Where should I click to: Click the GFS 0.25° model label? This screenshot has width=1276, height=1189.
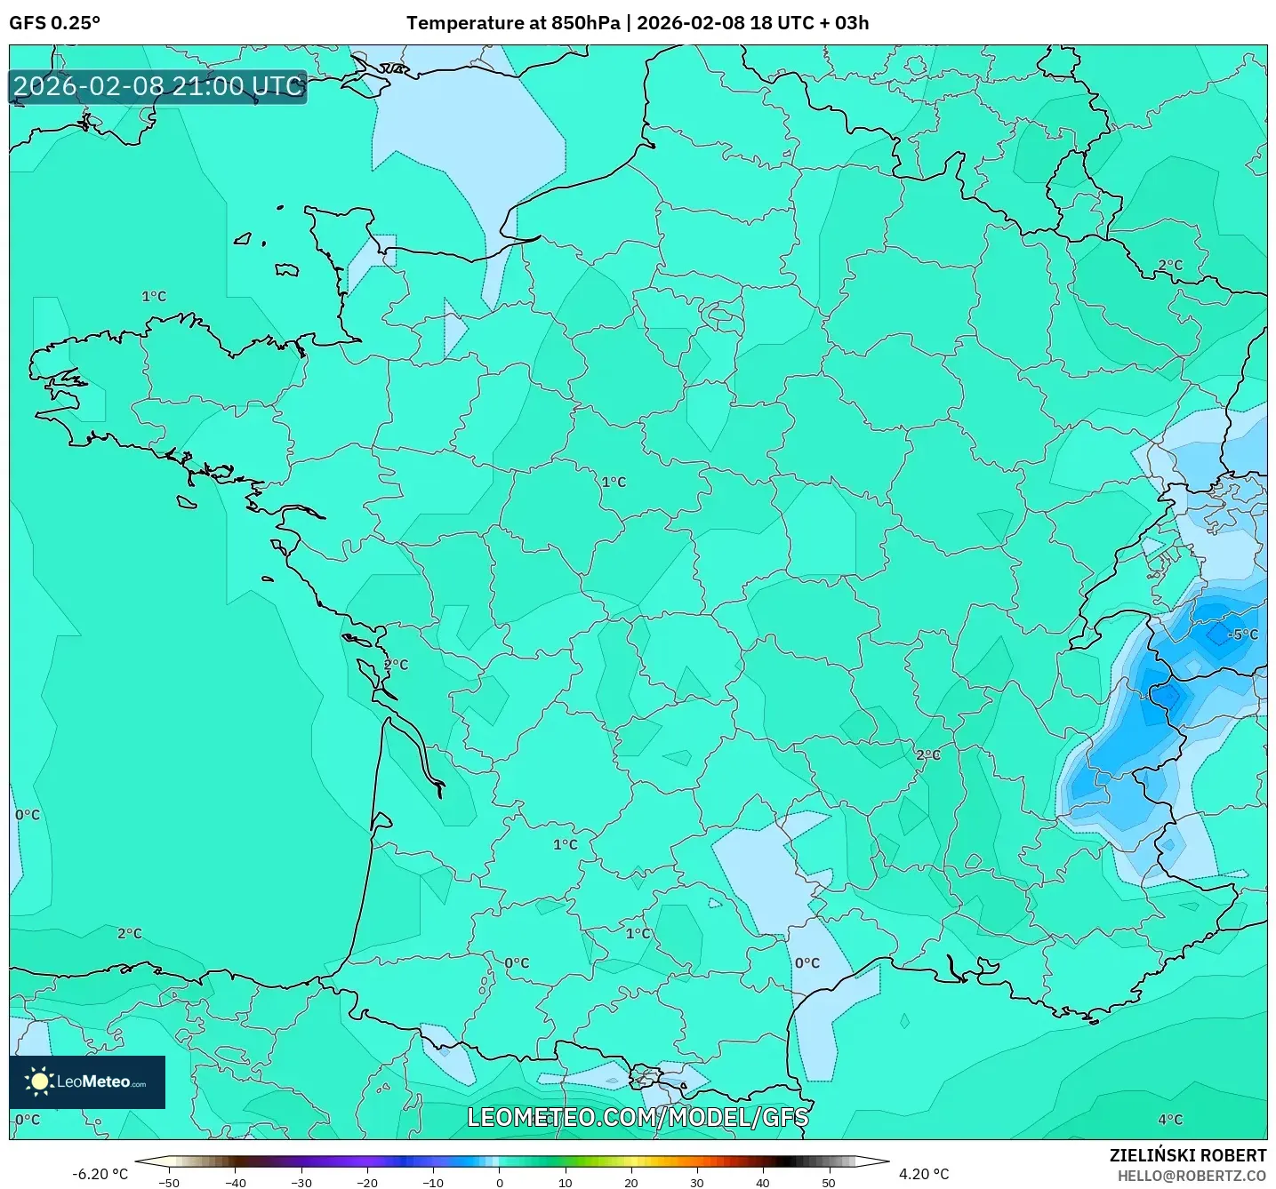pos(54,23)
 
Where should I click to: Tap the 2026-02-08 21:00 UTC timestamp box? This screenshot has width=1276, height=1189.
pos(158,86)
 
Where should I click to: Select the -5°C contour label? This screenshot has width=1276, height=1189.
pos(1242,634)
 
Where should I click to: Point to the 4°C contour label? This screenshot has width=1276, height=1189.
pos(1170,1120)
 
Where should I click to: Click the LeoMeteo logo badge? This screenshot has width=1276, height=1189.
pos(87,1081)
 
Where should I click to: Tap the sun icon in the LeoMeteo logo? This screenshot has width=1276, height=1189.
pos(39,1081)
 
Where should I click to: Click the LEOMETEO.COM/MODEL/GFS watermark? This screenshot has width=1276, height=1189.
pos(638,1117)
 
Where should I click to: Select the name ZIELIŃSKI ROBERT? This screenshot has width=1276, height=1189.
pos(1187,1155)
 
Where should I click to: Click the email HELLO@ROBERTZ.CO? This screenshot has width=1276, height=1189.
pos(1192,1176)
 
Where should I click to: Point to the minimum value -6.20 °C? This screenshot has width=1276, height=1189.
pos(100,1174)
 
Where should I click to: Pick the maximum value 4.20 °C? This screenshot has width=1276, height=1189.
pos(924,1174)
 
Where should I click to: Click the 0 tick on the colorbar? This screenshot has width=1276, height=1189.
pos(499,1182)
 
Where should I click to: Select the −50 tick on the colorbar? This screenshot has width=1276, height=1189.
pos(169,1182)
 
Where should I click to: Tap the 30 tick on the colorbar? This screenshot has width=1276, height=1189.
pos(696,1182)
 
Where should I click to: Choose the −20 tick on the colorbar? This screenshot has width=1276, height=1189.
pos(366,1182)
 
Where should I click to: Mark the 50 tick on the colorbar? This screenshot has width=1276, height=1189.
pos(828,1182)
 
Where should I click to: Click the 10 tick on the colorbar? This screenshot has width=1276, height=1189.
pos(565,1182)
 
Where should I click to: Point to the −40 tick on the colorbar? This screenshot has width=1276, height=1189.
pos(235,1182)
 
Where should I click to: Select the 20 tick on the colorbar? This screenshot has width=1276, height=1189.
pos(630,1182)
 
